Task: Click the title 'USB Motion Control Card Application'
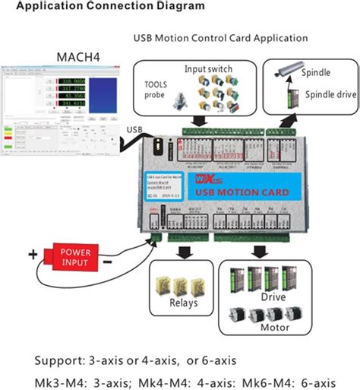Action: point(220,37)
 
